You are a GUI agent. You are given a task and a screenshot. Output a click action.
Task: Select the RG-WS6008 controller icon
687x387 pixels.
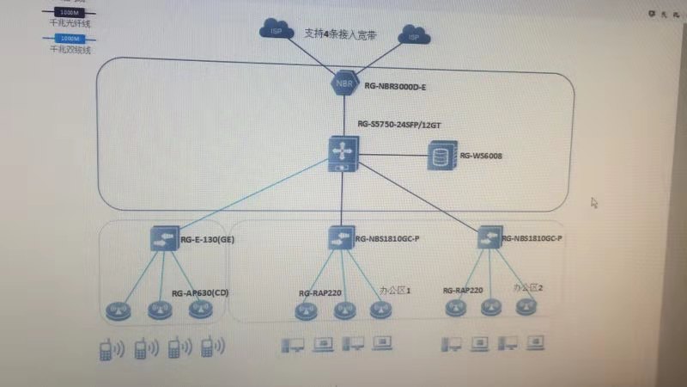[x=441, y=157]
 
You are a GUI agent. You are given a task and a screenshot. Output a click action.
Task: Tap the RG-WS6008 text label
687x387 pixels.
[x=481, y=157]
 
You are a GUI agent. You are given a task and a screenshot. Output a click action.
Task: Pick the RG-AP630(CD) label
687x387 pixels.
[x=200, y=293]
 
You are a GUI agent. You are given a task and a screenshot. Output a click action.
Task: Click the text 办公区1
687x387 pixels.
[x=395, y=291]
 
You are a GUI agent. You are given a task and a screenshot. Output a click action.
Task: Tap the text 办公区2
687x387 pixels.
[x=528, y=287]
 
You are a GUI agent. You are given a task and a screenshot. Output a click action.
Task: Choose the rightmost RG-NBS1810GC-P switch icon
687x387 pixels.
[x=488, y=235]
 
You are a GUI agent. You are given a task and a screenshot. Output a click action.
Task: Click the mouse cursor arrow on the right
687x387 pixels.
[x=594, y=203]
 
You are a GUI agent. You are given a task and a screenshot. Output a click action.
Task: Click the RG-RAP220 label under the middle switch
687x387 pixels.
[x=319, y=293]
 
